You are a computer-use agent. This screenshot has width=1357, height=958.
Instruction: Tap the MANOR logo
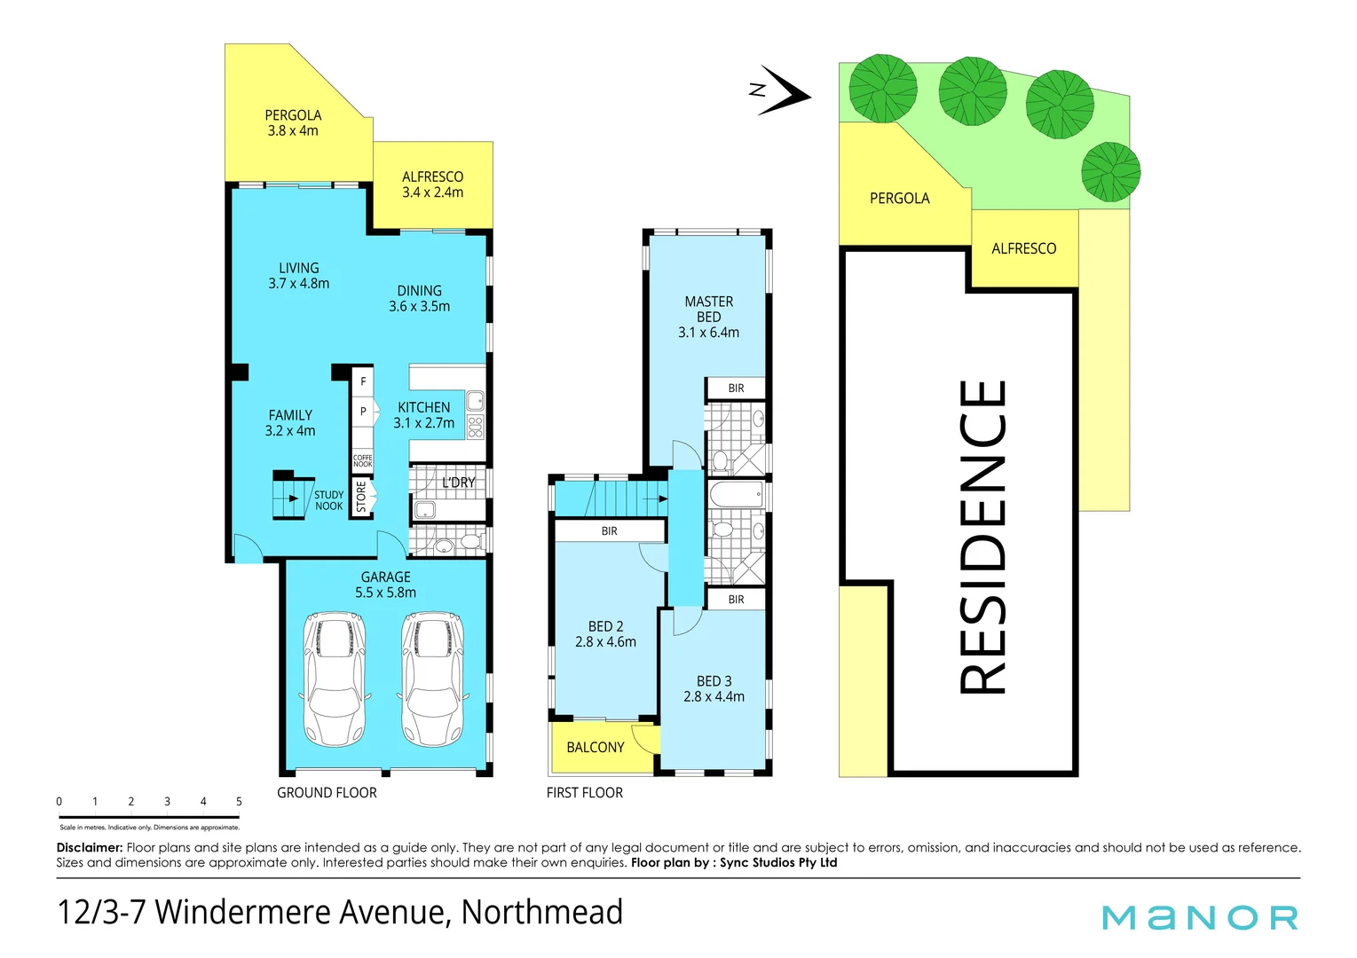1200,917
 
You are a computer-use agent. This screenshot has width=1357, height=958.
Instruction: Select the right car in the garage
432,679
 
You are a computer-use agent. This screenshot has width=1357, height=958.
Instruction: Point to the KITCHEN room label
423,408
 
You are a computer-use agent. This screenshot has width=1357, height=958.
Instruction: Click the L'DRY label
458,483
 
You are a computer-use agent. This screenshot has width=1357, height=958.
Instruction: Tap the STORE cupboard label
361,498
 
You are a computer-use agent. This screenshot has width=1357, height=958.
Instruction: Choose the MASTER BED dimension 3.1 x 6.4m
708,333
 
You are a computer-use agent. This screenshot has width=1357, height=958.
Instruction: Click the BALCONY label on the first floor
595,748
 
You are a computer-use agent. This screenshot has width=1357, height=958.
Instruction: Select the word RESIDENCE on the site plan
983,537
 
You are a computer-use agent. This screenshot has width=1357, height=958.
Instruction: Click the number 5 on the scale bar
239,802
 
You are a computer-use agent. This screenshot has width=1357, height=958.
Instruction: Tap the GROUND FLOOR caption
327,793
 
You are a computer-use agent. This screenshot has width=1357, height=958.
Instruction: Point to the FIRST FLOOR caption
584,793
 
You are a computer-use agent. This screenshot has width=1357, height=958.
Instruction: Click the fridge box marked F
363,382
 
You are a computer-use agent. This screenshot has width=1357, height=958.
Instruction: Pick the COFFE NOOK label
363,461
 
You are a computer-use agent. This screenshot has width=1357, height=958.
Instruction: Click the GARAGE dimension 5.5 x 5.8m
385,593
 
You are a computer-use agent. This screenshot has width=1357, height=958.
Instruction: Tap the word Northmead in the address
541,913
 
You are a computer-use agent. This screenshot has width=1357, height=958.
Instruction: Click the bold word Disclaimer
89,848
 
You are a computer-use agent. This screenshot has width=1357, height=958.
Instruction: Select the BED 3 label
714,681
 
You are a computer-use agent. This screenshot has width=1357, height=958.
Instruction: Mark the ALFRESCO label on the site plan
1023,249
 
